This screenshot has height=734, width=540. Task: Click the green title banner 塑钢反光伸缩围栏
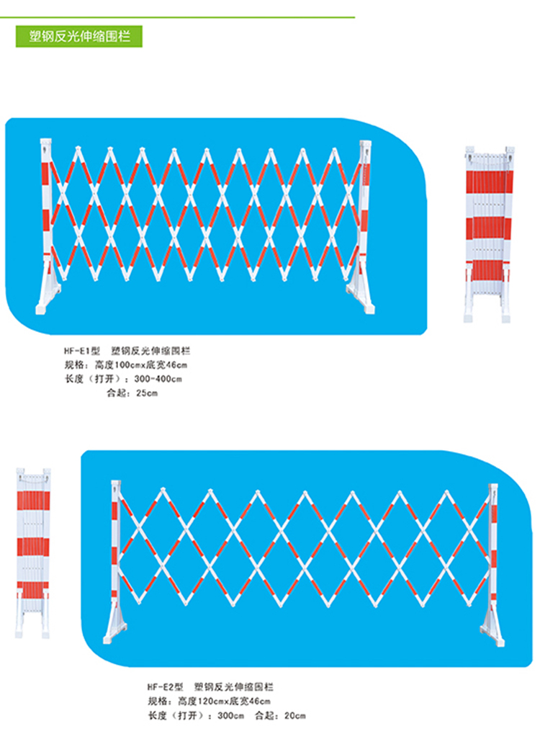[78, 36]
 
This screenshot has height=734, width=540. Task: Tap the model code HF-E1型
[82, 351]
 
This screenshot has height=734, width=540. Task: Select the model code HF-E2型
[165, 686]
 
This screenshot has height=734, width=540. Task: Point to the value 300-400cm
[158, 379]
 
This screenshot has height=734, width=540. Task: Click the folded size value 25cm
[147, 393]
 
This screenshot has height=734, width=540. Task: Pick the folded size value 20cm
[294, 715]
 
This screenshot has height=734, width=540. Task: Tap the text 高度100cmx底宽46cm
[141, 364]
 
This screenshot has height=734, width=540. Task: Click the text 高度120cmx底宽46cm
[224, 701]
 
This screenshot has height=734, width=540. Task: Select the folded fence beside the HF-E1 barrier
[488, 234]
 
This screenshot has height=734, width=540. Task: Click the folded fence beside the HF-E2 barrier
[32, 552]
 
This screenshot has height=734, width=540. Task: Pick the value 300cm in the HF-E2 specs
[230, 715]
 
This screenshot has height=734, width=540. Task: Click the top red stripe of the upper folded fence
[490, 182]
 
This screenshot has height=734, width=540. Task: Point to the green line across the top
[177, 17]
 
